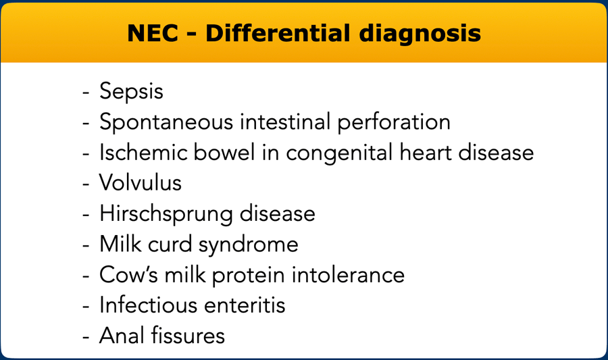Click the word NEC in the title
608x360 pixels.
(153, 33)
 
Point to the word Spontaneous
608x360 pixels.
(166, 122)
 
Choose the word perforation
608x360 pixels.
(394, 122)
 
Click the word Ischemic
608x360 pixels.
(143, 152)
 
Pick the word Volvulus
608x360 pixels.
(141, 182)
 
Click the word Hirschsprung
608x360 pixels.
(166, 214)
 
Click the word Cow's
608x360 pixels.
(129, 274)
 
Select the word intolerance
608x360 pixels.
(348, 274)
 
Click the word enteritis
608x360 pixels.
(245, 305)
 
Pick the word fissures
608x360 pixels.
(188, 335)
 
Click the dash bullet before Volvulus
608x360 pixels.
(86, 184)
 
